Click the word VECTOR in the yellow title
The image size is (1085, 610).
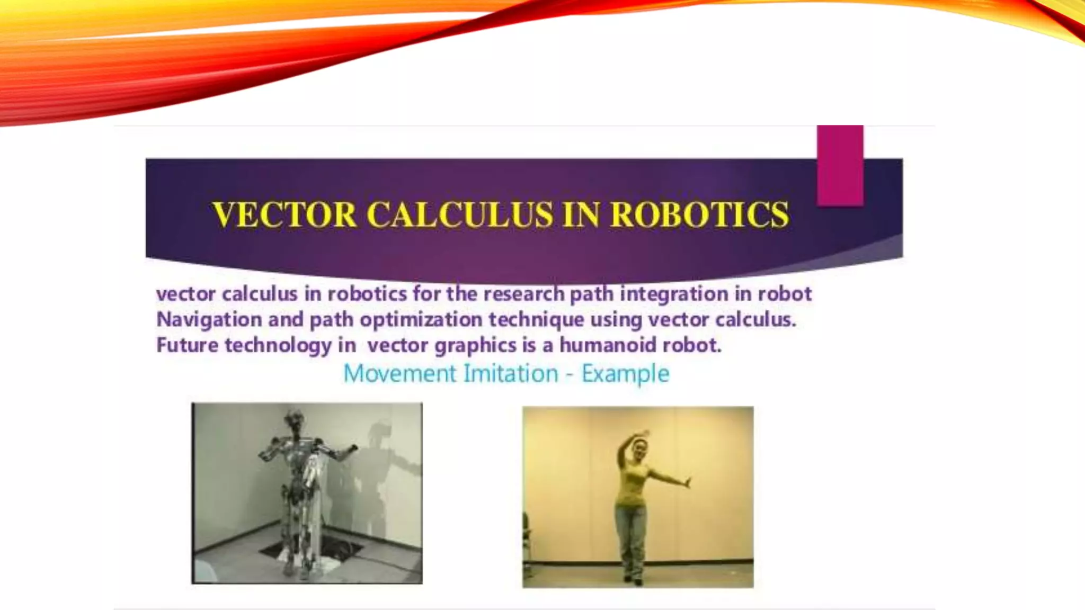point(284,214)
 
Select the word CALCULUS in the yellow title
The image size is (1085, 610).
point(459,214)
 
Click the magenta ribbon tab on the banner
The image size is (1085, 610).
point(840,165)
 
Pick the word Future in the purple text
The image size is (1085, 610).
point(187,345)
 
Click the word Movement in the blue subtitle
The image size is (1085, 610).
point(399,373)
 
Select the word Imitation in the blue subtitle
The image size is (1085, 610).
point(511,373)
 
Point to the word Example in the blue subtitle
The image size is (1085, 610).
point(625,374)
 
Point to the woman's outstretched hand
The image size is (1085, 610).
point(688,482)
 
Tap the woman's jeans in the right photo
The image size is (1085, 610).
point(631,535)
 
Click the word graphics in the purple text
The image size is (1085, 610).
point(475,345)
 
